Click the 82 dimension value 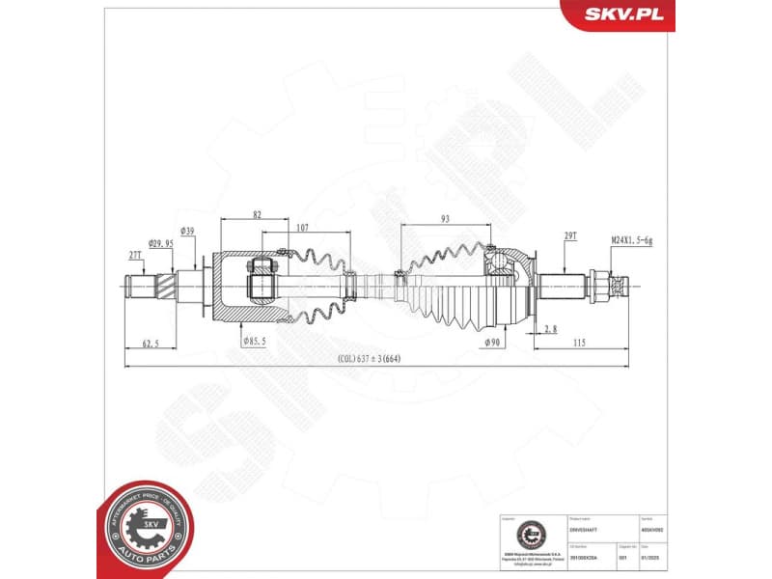(257, 214)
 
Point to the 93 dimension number (444, 219)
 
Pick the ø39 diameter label (188, 231)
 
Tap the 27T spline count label (135, 256)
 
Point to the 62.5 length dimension (150, 342)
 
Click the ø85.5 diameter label (254, 341)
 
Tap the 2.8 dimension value (549, 329)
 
